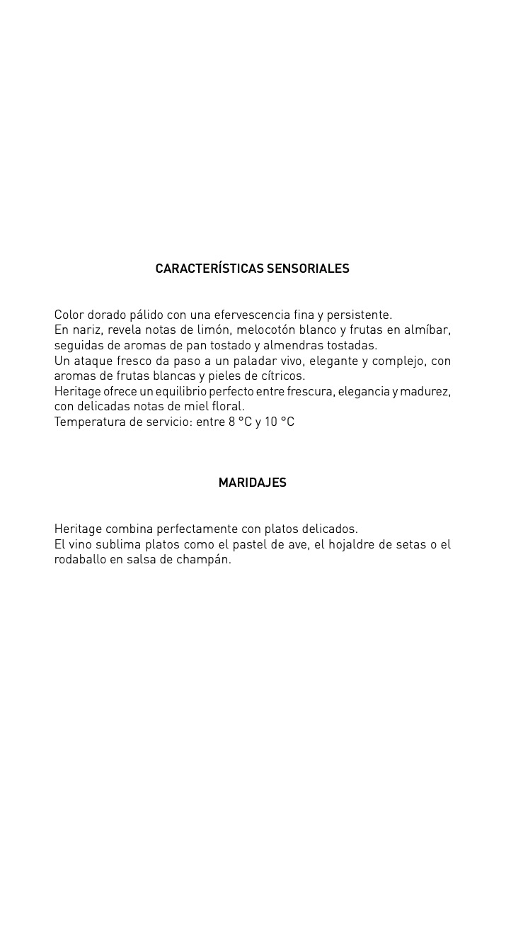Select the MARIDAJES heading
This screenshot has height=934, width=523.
click(x=252, y=483)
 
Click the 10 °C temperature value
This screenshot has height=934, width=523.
click(x=280, y=422)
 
